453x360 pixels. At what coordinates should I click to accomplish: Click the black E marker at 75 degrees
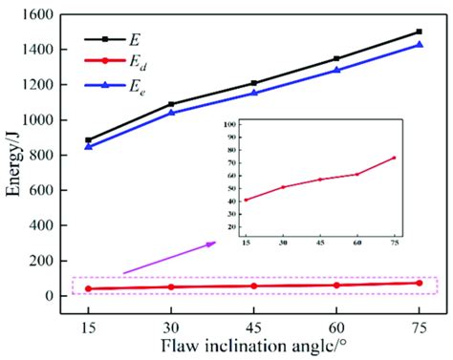pyautogui.click(x=419, y=32)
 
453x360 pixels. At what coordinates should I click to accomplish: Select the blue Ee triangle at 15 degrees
pyautogui.click(x=89, y=146)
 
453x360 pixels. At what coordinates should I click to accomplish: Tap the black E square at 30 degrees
pyautogui.click(x=171, y=104)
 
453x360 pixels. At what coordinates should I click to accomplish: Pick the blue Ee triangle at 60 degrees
pyautogui.click(x=336, y=70)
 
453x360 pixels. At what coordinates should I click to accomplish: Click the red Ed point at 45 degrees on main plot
pyautogui.click(x=253, y=286)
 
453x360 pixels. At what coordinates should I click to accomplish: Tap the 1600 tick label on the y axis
pyautogui.click(x=48, y=15)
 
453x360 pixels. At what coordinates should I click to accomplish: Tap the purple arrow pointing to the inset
pyautogui.click(x=168, y=259)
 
